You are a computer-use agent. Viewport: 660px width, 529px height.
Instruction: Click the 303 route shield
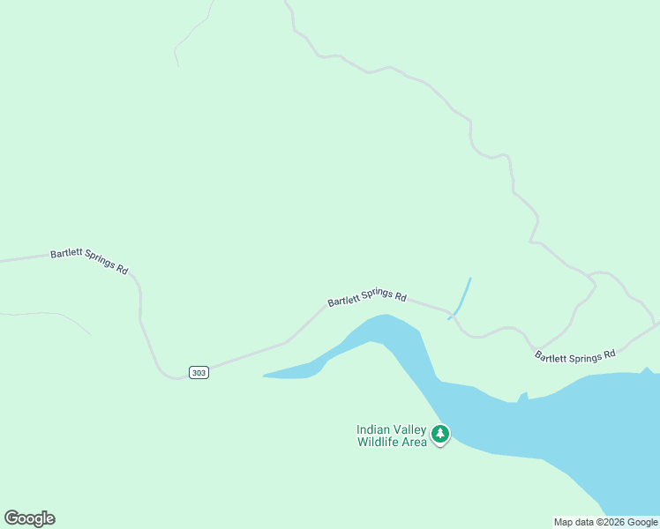coord(199,373)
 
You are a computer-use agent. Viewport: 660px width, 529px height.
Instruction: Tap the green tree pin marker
coord(440,434)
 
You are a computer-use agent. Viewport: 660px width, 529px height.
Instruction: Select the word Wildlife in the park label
coord(382,442)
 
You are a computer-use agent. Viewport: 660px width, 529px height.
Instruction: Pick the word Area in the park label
coord(416,442)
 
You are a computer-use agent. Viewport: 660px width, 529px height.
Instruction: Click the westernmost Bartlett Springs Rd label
coord(89,260)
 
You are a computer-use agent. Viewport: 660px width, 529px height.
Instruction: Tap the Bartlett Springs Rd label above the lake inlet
coord(367,299)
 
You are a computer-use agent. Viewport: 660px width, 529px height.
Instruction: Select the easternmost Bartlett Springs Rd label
coord(574,355)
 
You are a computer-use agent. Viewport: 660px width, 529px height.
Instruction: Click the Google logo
coord(29,518)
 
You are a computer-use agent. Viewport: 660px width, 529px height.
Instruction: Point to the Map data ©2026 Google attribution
coord(605,522)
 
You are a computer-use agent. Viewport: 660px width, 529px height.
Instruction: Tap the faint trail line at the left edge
coord(44,314)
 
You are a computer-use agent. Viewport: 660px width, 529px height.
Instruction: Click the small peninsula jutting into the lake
coord(523,396)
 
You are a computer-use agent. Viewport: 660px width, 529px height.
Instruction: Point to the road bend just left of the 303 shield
coord(168,374)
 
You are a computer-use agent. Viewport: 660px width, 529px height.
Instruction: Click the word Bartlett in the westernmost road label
coord(66,255)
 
